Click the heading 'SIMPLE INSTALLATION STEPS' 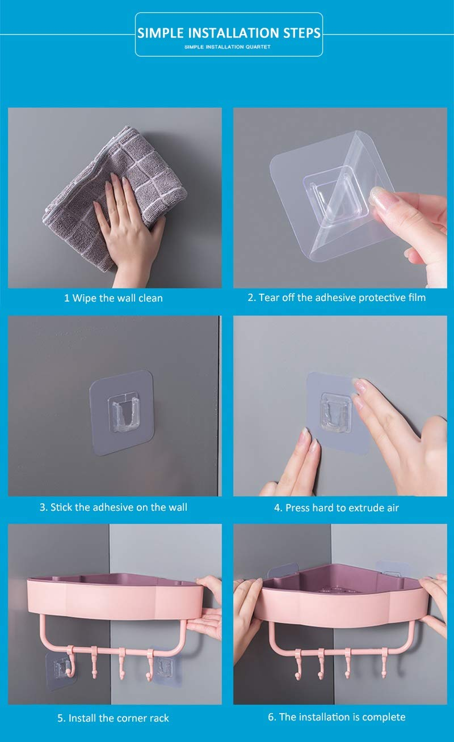[229, 33]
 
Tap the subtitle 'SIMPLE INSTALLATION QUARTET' [228, 46]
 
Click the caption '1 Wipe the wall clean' [113, 298]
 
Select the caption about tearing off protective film [337, 298]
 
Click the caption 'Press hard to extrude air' [337, 508]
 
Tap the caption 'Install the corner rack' [113, 718]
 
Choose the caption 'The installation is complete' [337, 717]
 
